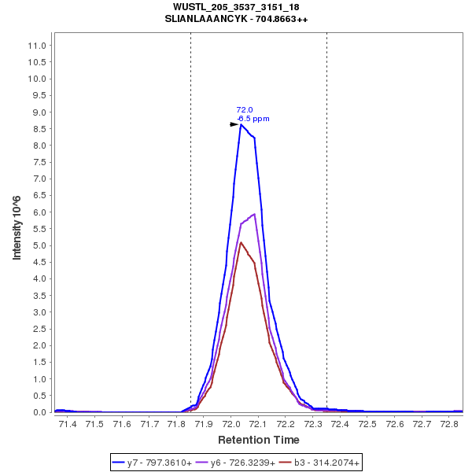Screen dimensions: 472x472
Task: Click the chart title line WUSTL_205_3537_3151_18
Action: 236,7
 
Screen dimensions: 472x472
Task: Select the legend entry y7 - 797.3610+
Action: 160,463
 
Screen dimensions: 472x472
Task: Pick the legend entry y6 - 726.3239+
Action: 242,463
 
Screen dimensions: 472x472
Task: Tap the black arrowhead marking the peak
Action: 234,124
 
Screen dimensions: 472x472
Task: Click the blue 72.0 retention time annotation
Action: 245,110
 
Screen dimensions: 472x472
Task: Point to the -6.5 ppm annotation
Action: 253,119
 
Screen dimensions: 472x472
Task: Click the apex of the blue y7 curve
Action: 242,124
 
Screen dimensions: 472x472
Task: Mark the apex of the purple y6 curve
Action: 254,214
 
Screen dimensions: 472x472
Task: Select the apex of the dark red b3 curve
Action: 241,242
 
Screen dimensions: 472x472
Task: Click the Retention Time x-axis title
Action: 258,440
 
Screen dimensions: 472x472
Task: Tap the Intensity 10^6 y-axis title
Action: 17,228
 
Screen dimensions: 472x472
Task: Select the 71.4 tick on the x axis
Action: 68,424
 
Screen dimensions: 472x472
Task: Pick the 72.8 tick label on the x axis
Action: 449,424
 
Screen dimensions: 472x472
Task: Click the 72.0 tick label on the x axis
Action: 231,424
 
